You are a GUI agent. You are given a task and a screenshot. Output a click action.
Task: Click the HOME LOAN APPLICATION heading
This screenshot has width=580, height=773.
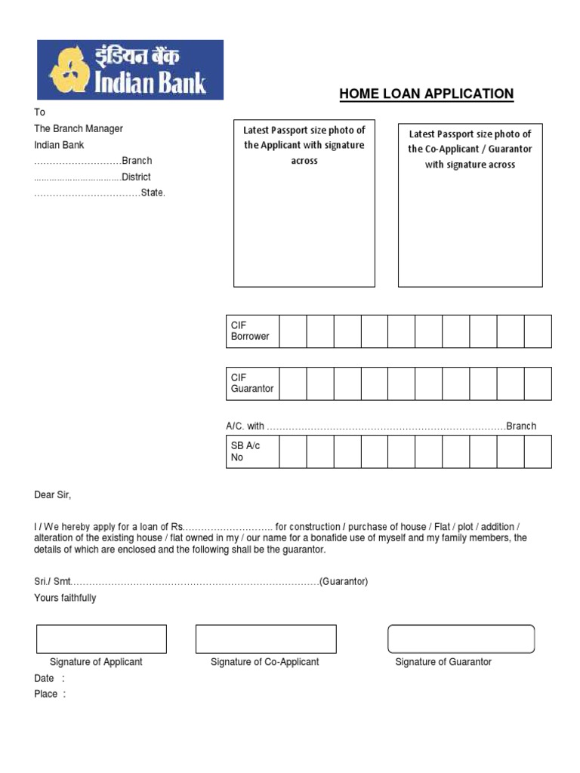[x=426, y=94]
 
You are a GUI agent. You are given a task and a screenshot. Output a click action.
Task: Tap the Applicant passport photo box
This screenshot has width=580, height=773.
[x=304, y=204]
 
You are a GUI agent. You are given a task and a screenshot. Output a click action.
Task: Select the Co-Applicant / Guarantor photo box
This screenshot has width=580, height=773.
[x=470, y=205]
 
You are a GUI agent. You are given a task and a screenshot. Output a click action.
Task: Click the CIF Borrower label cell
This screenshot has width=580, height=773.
[x=253, y=331]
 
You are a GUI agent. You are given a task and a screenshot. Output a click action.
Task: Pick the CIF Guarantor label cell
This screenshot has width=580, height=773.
[x=253, y=383]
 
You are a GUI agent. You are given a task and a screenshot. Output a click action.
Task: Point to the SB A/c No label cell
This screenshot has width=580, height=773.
[x=253, y=451]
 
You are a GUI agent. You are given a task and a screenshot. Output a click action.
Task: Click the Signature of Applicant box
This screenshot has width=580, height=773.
[x=101, y=639]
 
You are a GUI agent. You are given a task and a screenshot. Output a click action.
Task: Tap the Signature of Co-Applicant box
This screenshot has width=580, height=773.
[x=266, y=639]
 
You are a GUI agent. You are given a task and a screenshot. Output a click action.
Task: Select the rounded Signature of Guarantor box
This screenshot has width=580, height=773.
[x=461, y=639]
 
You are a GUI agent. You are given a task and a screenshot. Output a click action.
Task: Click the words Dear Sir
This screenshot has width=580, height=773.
[x=53, y=495]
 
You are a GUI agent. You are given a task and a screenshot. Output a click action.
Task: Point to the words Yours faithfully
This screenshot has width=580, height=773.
[x=65, y=598]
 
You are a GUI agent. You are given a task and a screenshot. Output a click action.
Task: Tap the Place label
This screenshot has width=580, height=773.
[x=46, y=694]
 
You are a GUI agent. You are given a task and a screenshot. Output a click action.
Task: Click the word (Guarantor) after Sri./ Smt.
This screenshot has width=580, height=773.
[x=344, y=582]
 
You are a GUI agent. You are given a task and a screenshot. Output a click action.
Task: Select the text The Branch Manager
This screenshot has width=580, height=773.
[x=79, y=128]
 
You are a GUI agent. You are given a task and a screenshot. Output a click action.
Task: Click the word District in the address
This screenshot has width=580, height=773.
[x=137, y=177]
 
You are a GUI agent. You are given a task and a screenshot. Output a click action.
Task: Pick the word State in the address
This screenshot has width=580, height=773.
[x=153, y=192]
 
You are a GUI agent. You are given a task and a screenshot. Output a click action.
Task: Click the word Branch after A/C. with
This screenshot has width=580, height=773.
[x=521, y=426]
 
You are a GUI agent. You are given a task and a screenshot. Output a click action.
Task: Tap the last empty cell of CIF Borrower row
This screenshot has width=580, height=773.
[x=538, y=331]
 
